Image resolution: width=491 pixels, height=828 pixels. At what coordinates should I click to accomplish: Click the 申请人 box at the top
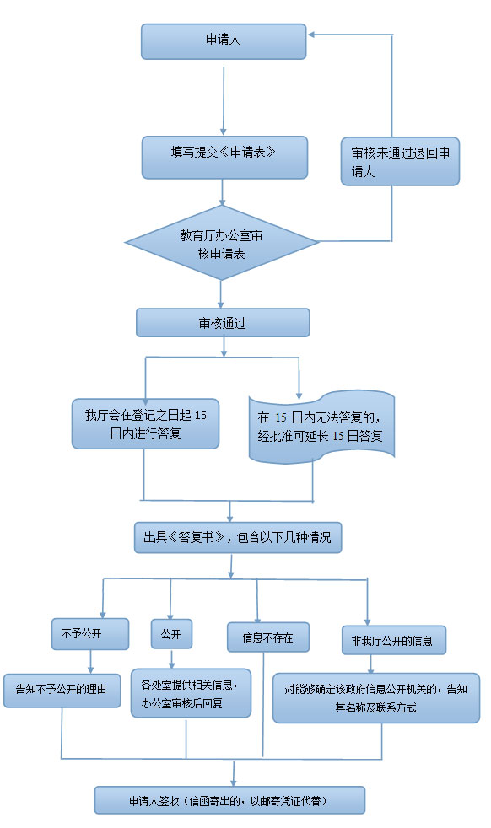(x=224, y=41)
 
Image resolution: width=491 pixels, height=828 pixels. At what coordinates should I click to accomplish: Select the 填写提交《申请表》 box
(x=224, y=158)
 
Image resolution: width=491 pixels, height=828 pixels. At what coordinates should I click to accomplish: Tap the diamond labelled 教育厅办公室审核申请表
(x=222, y=243)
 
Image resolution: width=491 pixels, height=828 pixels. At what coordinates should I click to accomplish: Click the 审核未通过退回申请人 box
(x=400, y=162)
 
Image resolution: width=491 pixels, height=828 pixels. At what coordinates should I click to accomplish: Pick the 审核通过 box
(x=223, y=323)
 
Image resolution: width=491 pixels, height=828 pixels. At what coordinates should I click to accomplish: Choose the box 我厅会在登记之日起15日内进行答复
(x=145, y=424)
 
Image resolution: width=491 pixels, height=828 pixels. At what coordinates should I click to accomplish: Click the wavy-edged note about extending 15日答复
(x=321, y=427)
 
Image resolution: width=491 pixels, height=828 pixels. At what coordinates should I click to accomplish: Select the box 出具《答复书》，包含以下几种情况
(x=238, y=538)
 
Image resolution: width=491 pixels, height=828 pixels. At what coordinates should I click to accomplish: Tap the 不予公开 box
(x=90, y=634)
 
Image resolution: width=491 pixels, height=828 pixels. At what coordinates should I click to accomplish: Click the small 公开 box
(x=171, y=634)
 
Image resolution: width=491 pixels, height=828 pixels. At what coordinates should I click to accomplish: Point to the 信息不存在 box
(x=268, y=637)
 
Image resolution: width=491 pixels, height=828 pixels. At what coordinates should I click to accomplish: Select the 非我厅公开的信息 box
(x=394, y=641)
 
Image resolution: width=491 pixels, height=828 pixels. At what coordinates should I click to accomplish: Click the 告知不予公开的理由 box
(x=62, y=691)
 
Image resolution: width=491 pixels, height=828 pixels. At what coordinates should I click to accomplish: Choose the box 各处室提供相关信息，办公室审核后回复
(x=191, y=693)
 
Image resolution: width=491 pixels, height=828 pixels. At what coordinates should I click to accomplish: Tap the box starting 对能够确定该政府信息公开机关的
(x=375, y=698)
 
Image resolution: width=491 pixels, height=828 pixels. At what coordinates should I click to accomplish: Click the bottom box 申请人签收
(x=230, y=800)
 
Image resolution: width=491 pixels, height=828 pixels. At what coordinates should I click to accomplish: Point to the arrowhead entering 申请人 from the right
(x=311, y=35)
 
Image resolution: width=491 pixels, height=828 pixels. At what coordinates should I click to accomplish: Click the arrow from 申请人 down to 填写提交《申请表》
(x=224, y=100)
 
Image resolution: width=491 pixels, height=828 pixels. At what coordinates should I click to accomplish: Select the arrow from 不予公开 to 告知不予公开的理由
(x=90, y=662)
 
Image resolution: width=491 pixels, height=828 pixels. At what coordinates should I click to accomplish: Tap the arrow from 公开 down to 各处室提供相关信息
(x=171, y=659)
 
